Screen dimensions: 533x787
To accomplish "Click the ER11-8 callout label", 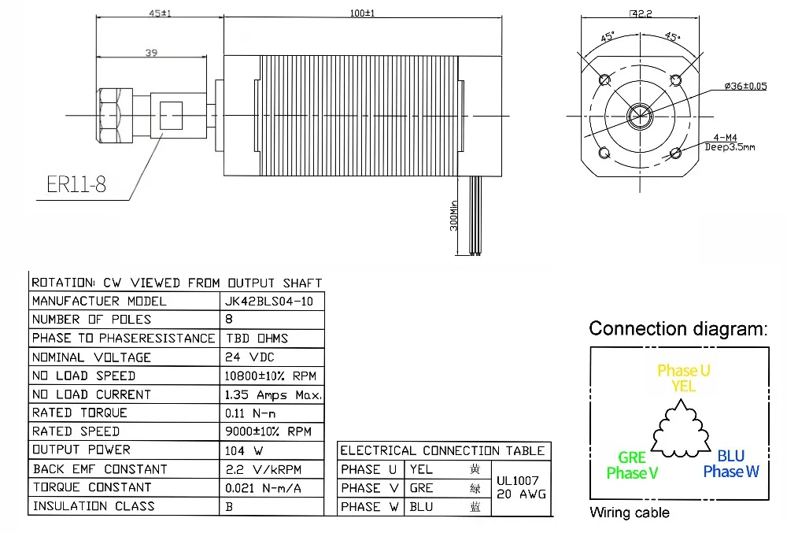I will [76, 185].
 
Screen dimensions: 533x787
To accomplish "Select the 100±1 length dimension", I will [362, 13].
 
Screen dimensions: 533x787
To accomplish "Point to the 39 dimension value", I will [152, 53].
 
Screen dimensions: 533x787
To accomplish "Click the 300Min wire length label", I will [453, 214].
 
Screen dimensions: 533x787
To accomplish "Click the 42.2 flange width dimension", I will [642, 13].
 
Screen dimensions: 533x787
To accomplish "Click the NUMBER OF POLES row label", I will [91, 320].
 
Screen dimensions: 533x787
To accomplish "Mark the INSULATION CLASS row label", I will [93, 506].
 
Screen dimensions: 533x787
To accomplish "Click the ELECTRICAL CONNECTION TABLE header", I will [442, 450].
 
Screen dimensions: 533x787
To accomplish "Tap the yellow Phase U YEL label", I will [683, 377].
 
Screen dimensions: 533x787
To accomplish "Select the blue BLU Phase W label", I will [731, 464].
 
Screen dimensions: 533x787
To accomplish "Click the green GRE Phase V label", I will [633, 465].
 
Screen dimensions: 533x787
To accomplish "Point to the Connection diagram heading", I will [678, 328].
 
